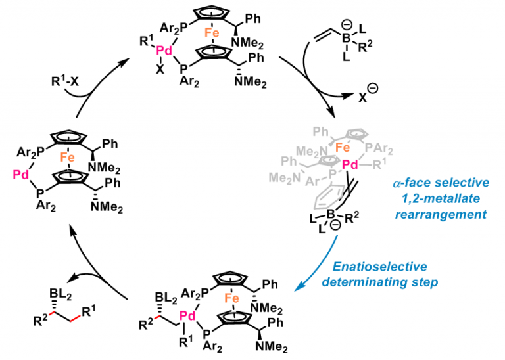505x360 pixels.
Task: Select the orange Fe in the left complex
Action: [x=77, y=158]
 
